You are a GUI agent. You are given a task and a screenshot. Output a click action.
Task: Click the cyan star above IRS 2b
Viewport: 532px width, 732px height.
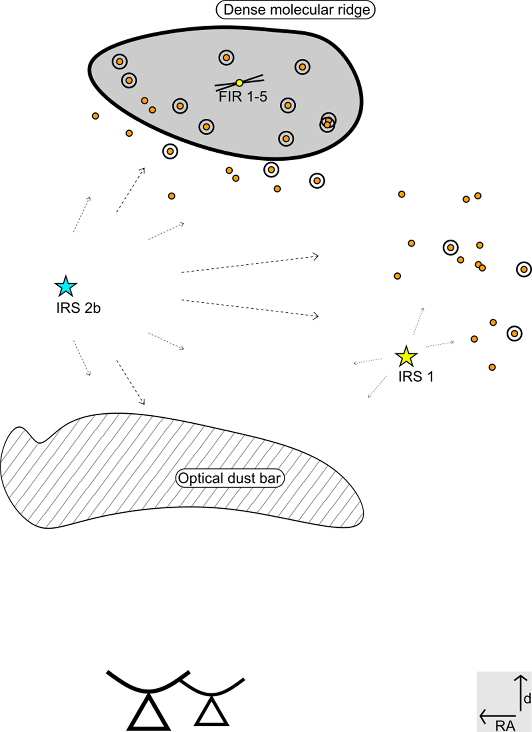(66, 286)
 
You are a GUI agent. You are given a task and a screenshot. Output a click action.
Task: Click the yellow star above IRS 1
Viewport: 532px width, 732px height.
(406, 356)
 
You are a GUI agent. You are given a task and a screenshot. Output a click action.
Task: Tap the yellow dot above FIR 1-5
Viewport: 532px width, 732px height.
(239, 83)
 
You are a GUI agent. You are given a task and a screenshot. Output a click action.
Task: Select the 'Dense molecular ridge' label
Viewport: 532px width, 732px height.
(295, 10)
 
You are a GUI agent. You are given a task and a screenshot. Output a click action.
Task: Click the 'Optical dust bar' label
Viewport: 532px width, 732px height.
(229, 478)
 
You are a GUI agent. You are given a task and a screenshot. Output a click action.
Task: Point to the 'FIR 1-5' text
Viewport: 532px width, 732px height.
(243, 97)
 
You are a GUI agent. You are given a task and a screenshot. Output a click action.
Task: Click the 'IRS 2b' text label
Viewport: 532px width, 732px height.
(78, 308)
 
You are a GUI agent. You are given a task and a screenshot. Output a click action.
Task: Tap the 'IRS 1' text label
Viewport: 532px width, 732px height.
(416, 377)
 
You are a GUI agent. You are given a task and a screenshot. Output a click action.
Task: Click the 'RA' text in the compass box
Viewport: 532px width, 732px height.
(505, 725)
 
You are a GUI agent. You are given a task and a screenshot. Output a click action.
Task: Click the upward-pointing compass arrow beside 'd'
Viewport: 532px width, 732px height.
(520, 693)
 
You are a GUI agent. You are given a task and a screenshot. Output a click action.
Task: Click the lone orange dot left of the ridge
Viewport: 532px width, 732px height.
(95, 116)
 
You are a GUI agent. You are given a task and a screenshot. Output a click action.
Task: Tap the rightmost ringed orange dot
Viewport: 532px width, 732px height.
(524, 270)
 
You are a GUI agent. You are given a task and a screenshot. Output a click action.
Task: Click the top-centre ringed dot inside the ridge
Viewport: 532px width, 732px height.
(226, 58)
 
